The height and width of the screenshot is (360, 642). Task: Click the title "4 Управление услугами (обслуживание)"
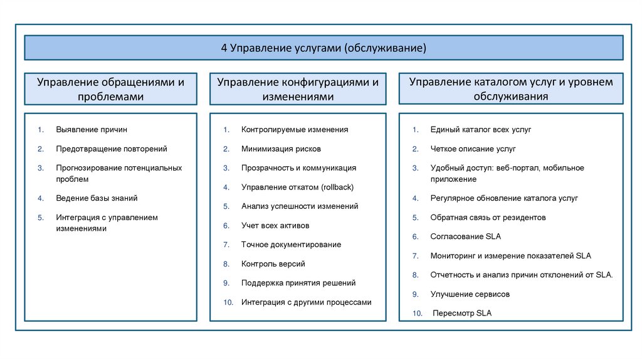pyautogui.click(x=324, y=48)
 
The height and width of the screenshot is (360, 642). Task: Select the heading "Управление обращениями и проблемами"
pyautogui.click(x=110, y=89)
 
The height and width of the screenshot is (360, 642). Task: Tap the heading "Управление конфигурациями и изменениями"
pyautogui.click(x=298, y=89)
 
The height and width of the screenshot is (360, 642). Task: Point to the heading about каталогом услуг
pyautogui.click(x=511, y=89)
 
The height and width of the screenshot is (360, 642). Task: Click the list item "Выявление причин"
pyautogui.click(x=91, y=130)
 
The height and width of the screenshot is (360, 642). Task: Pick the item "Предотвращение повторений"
pyautogui.click(x=111, y=149)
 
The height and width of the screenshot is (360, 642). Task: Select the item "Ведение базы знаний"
pyautogui.click(x=97, y=198)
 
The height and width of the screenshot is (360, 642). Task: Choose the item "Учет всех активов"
pyautogui.click(x=275, y=225)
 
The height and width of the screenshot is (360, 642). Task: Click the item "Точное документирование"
pyautogui.click(x=291, y=245)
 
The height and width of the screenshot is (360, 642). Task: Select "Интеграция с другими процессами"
pyautogui.click(x=306, y=302)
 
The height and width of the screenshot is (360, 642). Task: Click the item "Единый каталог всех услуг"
pyautogui.click(x=481, y=130)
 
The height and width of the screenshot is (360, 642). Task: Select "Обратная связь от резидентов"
pyautogui.click(x=488, y=218)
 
